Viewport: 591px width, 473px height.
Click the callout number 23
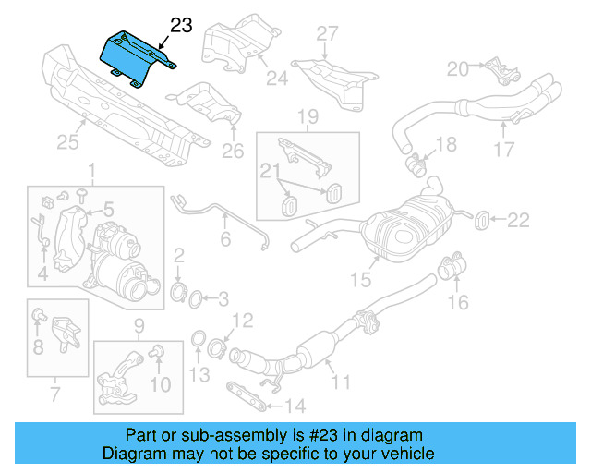click(181, 26)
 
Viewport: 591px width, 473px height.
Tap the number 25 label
click(67, 142)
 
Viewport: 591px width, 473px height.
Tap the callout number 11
click(341, 381)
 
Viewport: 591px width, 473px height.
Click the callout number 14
click(295, 405)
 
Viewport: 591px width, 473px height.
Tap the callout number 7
click(54, 396)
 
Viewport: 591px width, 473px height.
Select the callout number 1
click(91, 170)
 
